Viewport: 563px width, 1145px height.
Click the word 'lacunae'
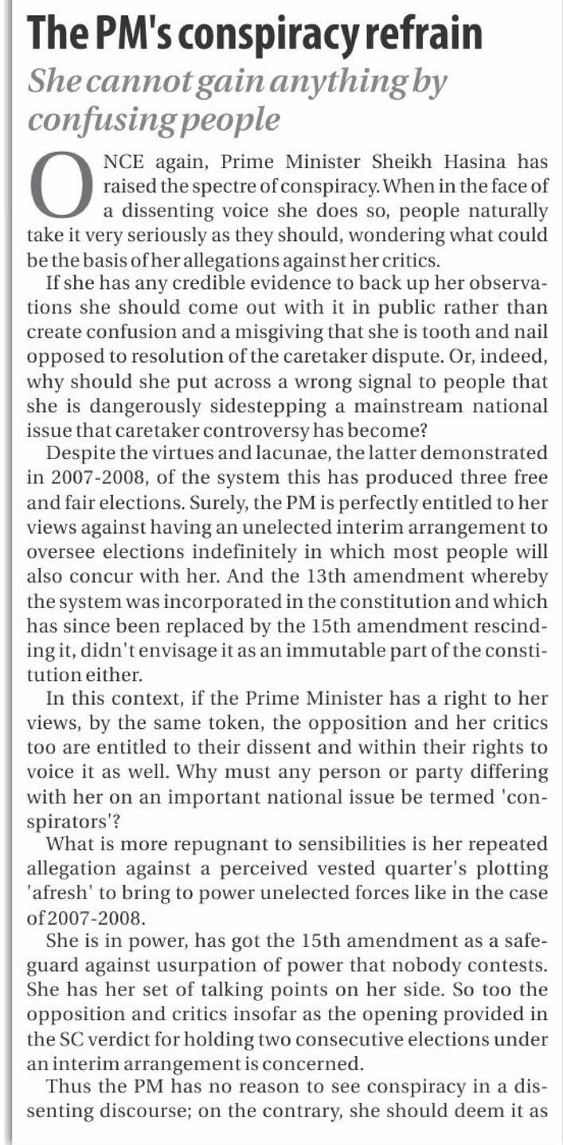[x=262, y=455]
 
